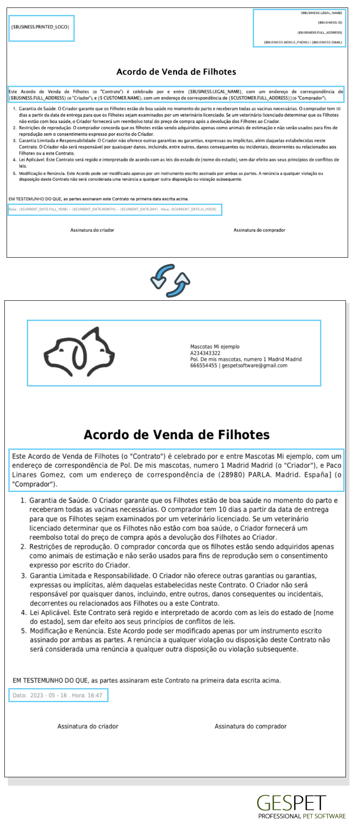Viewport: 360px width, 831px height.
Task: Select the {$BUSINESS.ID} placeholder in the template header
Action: (x=330, y=22)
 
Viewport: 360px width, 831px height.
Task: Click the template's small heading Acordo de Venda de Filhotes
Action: (x=176, y=72)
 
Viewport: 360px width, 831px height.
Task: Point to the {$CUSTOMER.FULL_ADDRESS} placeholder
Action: (x=259, y=98)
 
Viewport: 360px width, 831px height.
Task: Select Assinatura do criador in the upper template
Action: (x=92, y=230)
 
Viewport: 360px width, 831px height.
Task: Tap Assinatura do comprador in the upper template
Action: (x=259, y=230)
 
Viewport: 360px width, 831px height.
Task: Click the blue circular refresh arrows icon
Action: (x=171, y=281)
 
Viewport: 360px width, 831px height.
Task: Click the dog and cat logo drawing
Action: (x=79, y=352)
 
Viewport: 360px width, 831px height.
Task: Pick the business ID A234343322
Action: (x=205, y=353)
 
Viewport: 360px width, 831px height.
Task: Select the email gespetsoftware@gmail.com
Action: (x=255, y=365)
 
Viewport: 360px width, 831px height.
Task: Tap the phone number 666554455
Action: (x=204, y=365)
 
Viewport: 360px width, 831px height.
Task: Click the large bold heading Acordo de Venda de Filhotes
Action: (x=177, y=435)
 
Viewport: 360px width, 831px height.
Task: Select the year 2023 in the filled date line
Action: (x=37, y=695)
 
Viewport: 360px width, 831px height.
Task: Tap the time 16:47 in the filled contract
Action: (x=95, y=695)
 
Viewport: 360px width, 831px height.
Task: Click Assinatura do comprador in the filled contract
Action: (x=251, y=726)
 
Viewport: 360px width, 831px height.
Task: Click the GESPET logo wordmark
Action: (x=291, y=803)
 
